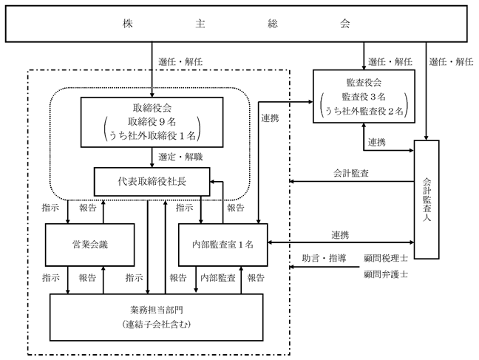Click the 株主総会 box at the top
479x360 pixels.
tap(236, 24)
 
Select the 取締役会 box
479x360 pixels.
tap(152, 122)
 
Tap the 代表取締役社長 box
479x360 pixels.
tap(152, 182)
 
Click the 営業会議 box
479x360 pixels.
tap(90, 245)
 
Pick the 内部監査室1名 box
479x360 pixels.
tap(223, 245)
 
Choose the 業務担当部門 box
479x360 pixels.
tap(157, 317)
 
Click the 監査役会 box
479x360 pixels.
tap(364, 96)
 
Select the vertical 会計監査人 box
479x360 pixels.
tap(427, 200)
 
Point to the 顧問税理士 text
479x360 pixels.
tap(386, 258)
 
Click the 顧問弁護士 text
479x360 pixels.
tap(386, 274)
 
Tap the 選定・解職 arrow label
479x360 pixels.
tap(180, 157)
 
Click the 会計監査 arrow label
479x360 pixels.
tap(350, 173)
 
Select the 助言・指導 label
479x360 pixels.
tap(324, 258)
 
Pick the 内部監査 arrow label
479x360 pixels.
tap(218, 277)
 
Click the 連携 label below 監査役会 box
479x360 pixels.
tap(376, 142)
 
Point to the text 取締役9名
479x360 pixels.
tap(152, 122)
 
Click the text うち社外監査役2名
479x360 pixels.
tap(364, 111)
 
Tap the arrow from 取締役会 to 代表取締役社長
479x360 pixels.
tap(152, 157)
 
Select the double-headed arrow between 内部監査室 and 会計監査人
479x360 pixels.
tap(341, 242)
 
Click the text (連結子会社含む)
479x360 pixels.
tap(157, 324)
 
